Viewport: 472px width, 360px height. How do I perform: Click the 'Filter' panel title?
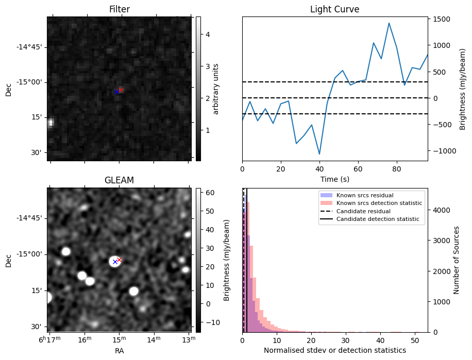[120, 9]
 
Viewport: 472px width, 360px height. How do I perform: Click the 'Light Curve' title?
[334, 9]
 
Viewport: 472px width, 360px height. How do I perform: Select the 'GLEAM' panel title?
[119, 180]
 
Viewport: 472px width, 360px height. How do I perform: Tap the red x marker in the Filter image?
[121, 90]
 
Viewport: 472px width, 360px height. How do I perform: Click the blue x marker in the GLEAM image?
[115, 262]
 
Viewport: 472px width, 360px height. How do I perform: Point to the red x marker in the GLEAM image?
[119, 260]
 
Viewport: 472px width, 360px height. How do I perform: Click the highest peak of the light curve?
[389, 23]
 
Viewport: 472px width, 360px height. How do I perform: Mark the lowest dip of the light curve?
[319, 154]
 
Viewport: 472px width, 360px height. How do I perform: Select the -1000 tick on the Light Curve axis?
[445, 151]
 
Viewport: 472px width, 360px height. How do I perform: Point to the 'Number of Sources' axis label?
[457, 260]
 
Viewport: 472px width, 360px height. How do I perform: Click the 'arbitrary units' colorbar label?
[216, 89]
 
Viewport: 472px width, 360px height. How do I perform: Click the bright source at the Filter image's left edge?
[50, 123]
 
